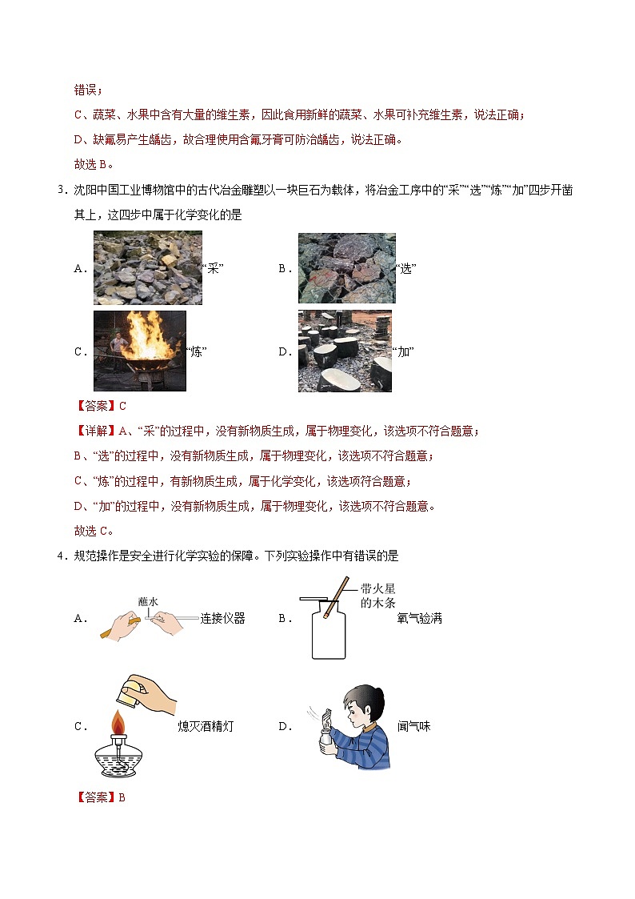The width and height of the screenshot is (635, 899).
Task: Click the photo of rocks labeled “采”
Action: coord(147,268)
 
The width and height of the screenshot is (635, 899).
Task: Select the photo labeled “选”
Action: coord(346,268)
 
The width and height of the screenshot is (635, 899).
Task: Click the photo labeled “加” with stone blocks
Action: coord(345,351)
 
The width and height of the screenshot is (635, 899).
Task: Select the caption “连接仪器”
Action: coord(222,618)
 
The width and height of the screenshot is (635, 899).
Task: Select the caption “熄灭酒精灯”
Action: coord(206,727)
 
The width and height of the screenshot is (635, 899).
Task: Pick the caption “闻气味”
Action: coord(414,727)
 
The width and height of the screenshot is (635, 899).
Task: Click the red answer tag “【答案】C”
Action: coord(100,406)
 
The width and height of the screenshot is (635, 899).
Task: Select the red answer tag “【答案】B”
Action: coord(100,797)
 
